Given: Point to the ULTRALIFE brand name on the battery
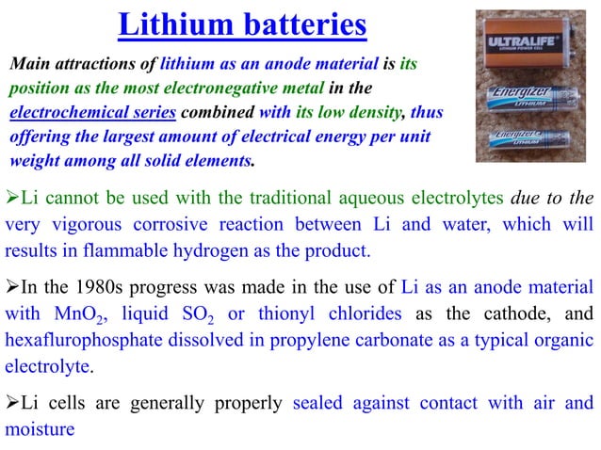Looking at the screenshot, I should pos(524,43).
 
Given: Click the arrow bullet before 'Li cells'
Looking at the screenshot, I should pos(11,403).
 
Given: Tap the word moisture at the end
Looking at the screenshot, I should pos(41,429).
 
